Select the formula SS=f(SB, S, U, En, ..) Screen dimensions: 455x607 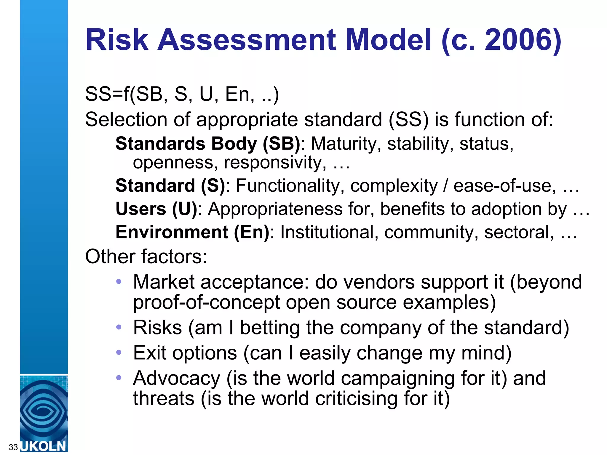point(182,94)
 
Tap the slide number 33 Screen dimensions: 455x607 point(13,447)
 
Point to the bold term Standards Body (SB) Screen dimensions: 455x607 point(208,144)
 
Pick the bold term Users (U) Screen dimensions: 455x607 point(156,209)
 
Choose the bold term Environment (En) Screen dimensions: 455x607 point(192,232)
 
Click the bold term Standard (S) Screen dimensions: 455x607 point(170,186)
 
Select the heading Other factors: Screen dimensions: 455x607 point(146,256)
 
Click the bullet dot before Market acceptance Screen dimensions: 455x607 point(119,281)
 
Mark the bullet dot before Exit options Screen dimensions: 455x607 point(119,353)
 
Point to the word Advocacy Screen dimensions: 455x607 point(177,378)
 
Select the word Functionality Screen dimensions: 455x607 point(290,186)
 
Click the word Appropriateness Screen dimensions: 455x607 point(275,209)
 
